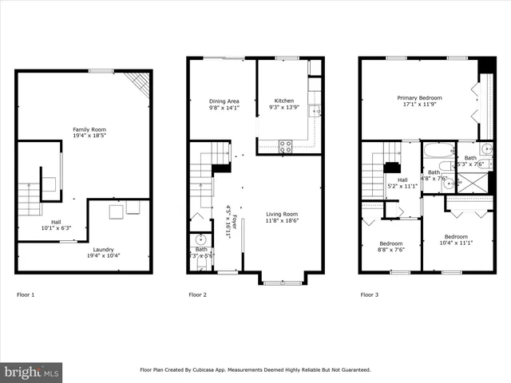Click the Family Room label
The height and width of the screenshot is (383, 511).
coord(89,129)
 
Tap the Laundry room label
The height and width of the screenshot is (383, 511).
coord(104,249)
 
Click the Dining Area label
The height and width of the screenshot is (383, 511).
coord(224,101)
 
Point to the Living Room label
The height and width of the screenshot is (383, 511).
coord(282,214)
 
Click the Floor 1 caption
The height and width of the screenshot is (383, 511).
coord(26,295)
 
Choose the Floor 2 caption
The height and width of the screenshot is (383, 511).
coord(197,295)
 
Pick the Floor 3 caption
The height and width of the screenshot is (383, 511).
coord(369,295)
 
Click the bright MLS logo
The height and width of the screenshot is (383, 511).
coord(32,371)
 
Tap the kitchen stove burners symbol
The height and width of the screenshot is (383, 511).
coord(284,146)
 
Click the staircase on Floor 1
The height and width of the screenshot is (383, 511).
coord(29,199)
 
